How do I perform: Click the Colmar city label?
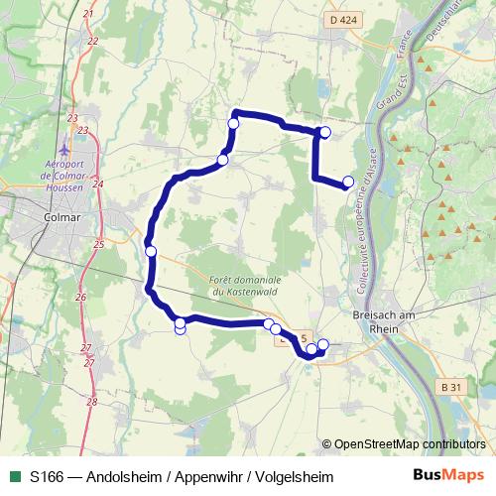(62, 217)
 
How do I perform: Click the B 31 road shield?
(452, 386)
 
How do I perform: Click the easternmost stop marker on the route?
(348, 182)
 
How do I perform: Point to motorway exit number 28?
(91, 402)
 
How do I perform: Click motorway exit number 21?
(88, 14)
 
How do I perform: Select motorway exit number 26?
(81, 297)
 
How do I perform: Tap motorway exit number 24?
(97, 184)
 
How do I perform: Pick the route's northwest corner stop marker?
(234, 123)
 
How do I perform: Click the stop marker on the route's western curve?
(151, 251)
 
